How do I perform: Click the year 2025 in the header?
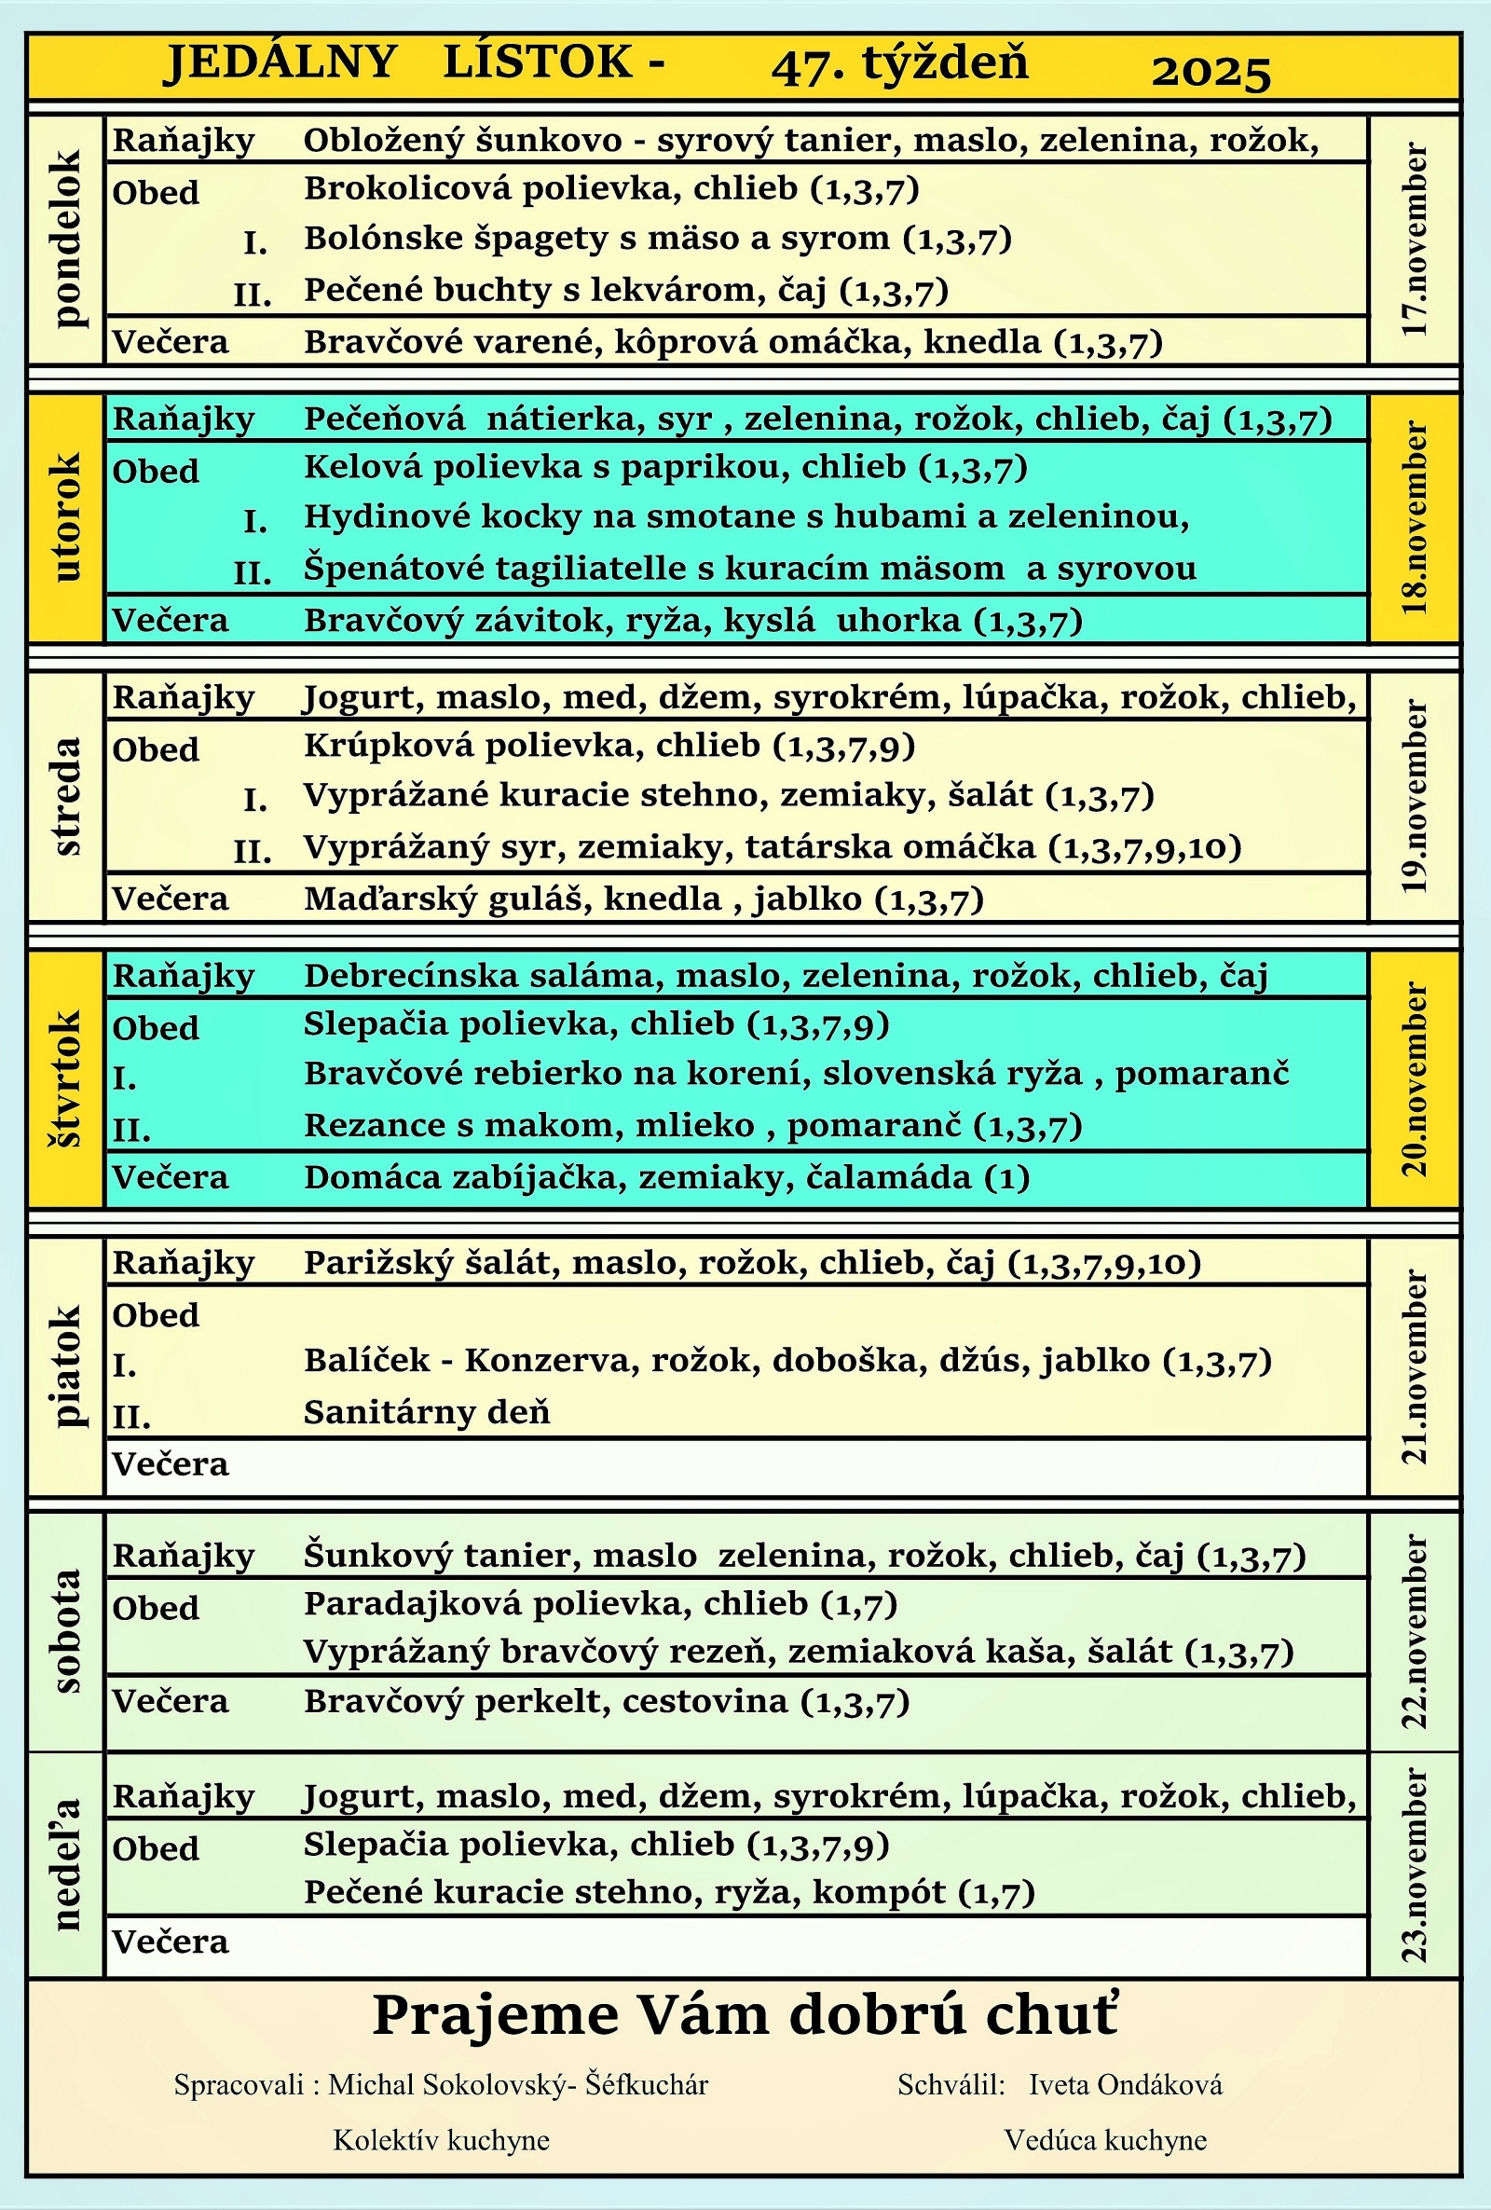point(1211,73)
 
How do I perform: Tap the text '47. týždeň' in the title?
point(899,64)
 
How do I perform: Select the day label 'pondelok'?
point(67,239)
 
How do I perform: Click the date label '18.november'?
point(1415,518)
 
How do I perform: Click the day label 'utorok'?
point(67,517)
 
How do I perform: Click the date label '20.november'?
point(1415,1079)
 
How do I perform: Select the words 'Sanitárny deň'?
point(427,1412)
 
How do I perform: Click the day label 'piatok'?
point(67,1366)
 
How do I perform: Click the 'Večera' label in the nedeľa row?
point(171,1941)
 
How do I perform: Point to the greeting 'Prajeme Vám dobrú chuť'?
point(745,2015)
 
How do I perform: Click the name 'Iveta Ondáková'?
point(1125,2085)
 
